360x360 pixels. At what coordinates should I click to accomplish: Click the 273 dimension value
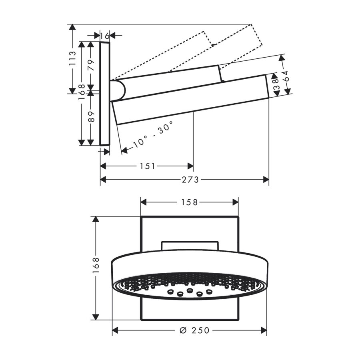(x=190, y=180)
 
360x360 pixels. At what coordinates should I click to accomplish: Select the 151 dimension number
(x=148, y=166)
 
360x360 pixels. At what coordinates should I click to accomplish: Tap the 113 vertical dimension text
(x=72, y=58)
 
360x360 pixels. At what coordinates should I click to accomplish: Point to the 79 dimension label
(x=91, y=65)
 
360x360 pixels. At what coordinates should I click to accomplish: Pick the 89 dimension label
(x=91, y=117)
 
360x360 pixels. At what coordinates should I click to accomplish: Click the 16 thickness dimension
(x=105, y=36)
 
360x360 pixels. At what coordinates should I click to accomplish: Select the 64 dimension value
(x=285, y=76)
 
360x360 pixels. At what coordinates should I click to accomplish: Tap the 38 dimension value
(x=276, y=84)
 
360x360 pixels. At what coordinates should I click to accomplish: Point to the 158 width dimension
(x=190, y=202)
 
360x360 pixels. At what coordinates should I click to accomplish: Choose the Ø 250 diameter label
(x=194, y=330)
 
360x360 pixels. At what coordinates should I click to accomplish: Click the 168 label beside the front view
(x=96, y=266)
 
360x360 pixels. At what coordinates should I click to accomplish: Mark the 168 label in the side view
(x=82, y=92)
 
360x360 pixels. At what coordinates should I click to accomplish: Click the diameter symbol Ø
(x=183, y=330)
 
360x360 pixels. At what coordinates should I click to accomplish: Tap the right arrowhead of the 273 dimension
(x=266, y=180)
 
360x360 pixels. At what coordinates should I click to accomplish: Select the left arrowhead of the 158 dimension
(x=144, y=202)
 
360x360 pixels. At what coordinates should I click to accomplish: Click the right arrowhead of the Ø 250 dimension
(x=264, y=330)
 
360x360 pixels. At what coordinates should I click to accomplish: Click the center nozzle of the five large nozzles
(x=190, y=290)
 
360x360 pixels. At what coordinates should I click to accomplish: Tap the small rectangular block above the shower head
(x=190, y=246)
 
